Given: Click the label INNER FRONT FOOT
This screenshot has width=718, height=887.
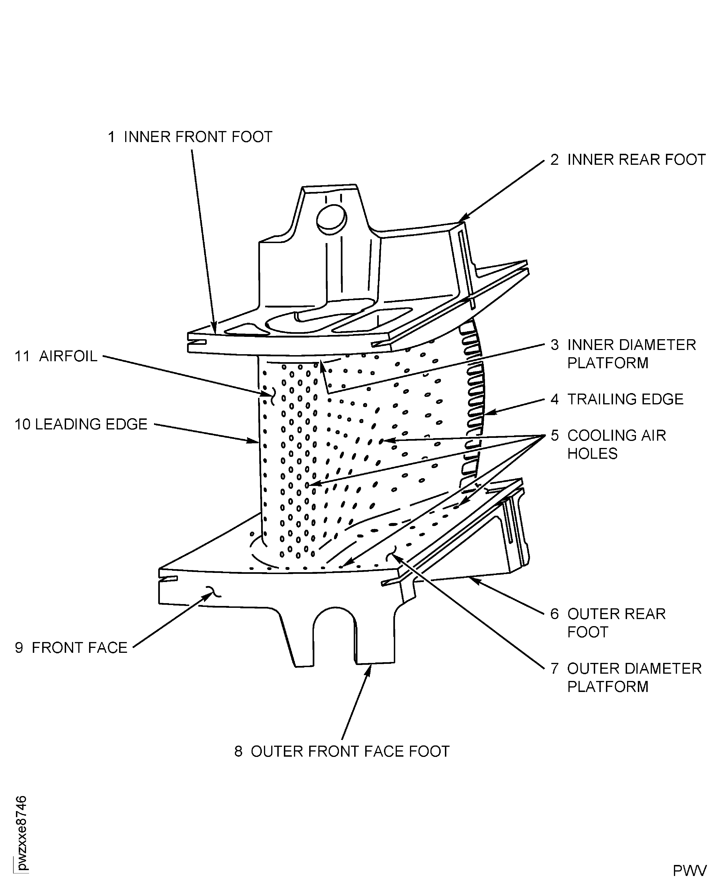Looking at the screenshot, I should (198, 137).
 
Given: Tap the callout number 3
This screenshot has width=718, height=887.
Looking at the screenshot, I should (555, 345).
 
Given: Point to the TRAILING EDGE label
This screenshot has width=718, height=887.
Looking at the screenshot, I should (625, 399).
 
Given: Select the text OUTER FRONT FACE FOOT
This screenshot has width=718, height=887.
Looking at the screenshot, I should (350, 751).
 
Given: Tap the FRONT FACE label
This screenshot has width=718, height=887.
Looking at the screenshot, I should (79, 648).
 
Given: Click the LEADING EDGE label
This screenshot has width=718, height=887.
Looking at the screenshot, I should (91, 424).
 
